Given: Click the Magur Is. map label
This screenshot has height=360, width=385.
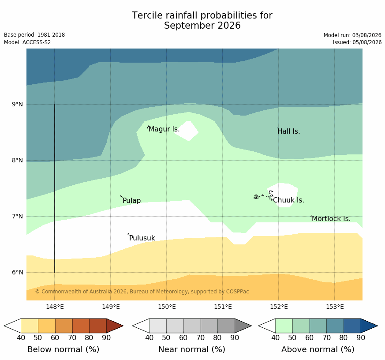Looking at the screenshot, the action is click(x=164, y=129).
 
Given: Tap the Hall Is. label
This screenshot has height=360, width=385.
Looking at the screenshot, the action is click(x=289, y=131).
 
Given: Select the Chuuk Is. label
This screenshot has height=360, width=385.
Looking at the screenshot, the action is click(x=288, y=200).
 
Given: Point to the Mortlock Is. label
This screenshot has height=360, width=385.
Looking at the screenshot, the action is click(x=331, y=218).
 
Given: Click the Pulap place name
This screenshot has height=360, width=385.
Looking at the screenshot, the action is click(x=131, y=201).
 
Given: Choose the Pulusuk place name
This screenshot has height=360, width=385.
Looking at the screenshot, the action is click(x=142, y=238).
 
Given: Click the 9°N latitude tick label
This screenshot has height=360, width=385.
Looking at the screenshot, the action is click(x=17, y=105).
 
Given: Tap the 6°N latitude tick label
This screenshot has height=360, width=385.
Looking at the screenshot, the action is click(x=17, y=272).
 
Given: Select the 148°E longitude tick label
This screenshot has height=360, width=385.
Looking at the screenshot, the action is click(x=55, y=307).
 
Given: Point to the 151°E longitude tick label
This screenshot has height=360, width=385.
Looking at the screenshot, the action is click(x=223, y=307).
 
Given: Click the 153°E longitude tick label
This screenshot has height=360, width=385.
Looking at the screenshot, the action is click(x=335, y=307).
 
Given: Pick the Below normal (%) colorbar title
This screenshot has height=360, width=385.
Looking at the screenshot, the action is click(x=64, y=349).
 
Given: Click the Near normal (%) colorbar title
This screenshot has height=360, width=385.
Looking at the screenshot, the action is click(x=192, y=349).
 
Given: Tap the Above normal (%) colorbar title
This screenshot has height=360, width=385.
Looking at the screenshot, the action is click(x=318, y=349).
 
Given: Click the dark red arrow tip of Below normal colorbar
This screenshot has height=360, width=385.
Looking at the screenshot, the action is click(x=123, y=326).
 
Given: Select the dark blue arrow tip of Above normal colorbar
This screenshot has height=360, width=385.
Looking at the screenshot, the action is click(x=378, y=326).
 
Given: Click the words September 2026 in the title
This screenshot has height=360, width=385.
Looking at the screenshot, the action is click(x=202, y=26).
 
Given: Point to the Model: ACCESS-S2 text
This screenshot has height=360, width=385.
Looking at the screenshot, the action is click(x=27, y=42).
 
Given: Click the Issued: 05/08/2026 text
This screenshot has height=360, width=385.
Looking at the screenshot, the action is click(x=357, y=42).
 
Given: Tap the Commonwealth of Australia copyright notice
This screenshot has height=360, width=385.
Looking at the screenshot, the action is click(x=142, y=292).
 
